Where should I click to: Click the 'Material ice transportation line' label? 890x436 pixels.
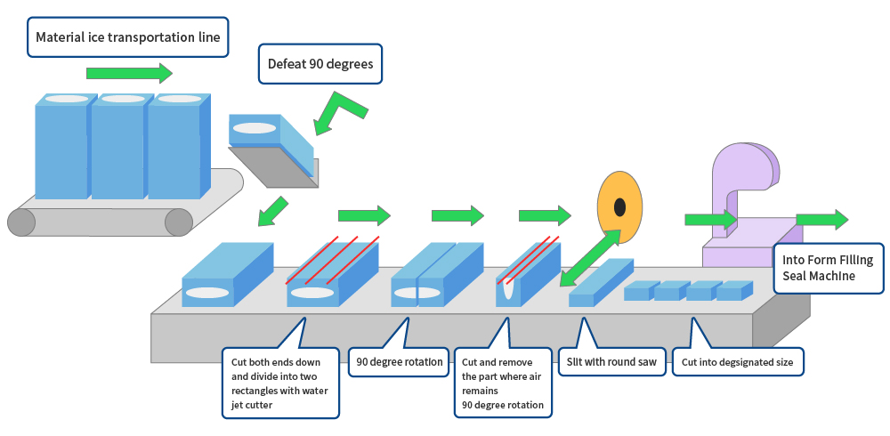tap(127, 37)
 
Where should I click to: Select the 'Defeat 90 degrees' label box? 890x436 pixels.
tap(320, 64)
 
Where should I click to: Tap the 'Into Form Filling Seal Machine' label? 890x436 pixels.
tap(828, 268)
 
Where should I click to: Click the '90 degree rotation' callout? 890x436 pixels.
tap(399, 362)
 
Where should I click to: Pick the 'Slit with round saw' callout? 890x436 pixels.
tap(612, 362)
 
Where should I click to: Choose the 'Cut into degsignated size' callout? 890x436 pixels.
tap(738, 362)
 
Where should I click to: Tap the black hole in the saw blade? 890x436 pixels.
tap(619, 207)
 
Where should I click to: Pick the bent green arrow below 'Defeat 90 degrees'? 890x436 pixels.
tap(339, 111)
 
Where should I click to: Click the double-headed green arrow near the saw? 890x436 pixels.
tap(591, 258)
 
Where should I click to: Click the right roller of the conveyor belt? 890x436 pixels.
tap(179, 222)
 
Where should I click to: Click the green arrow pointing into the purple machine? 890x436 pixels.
tap(710, 219)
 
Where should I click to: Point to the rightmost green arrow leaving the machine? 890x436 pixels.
tap(821, 219)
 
